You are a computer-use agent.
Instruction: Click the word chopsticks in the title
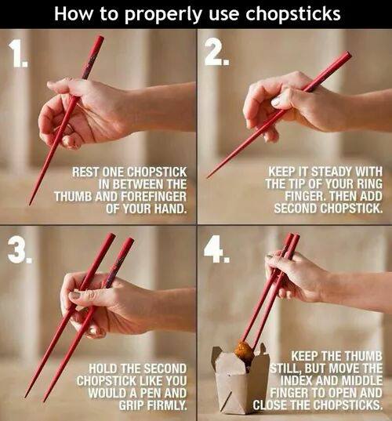pos(293,13)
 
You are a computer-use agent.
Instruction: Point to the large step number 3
pos(20,251)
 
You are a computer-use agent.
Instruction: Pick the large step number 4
pos(216,249)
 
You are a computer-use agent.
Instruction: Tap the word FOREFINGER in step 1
pos(154,196)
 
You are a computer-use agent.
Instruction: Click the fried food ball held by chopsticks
pos(244,351)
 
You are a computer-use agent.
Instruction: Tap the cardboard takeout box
pos(240,381)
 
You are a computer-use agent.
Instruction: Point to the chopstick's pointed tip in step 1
pos(30,205)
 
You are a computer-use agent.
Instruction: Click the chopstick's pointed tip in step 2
pos(208,177)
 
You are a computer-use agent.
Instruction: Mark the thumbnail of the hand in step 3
pos(74,296)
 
